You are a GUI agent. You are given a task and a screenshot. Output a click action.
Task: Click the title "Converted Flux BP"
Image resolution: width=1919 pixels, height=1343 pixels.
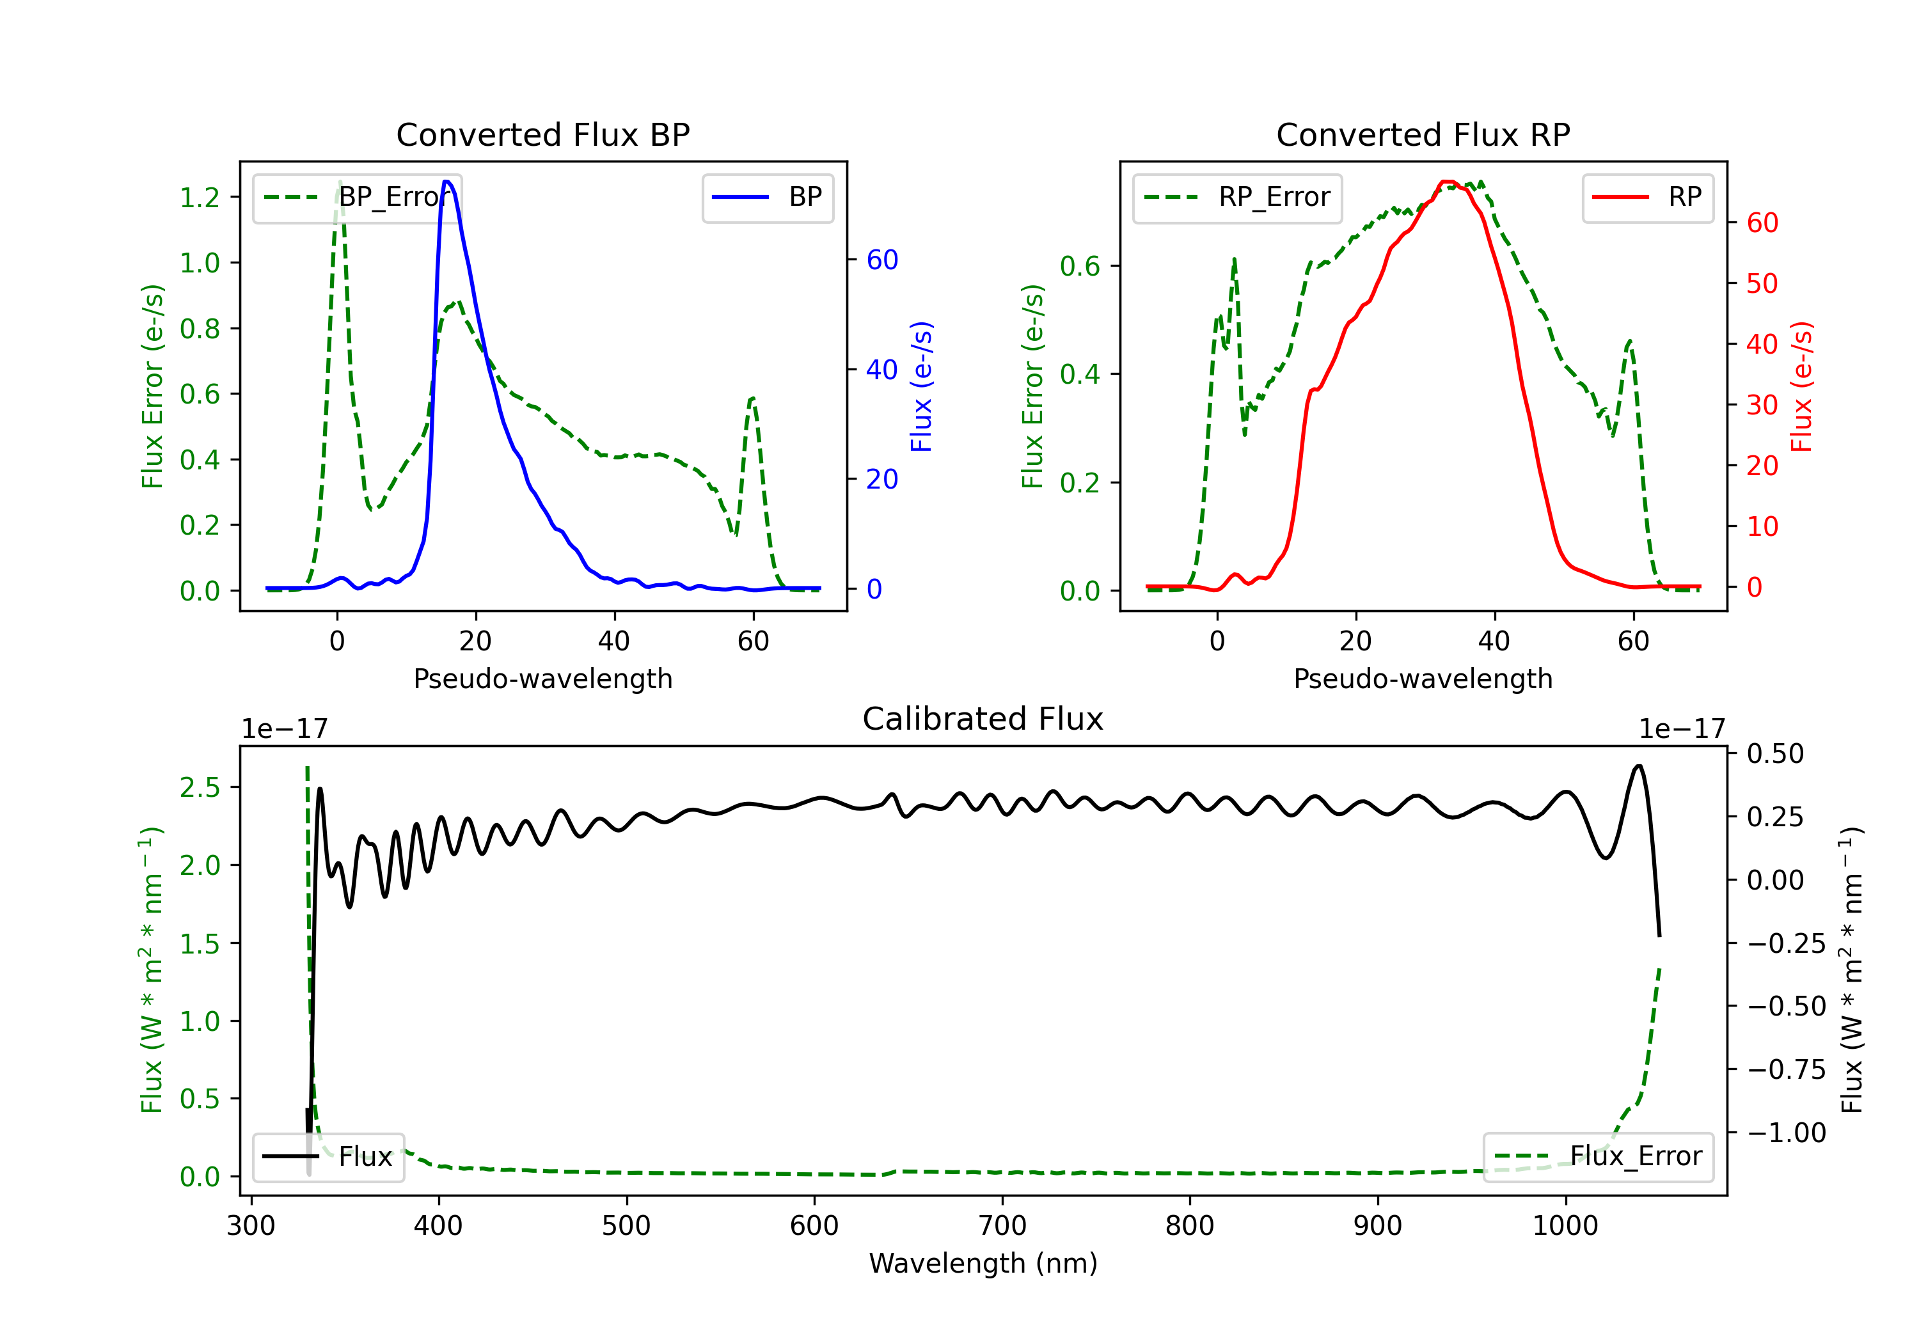pos(542,134)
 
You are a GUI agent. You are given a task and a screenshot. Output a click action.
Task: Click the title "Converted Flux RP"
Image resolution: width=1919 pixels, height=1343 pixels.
pos(1423,134)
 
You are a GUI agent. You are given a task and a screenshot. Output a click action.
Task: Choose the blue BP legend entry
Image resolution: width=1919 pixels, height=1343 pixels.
pos(767,197)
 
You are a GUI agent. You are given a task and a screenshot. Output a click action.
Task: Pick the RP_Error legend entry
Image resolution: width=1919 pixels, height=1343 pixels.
pos(1237,197)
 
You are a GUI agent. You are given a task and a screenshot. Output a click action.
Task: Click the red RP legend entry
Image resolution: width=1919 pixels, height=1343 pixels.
pos(1647,197)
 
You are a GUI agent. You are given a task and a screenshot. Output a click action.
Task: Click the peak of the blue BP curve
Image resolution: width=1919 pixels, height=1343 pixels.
pos(447,182)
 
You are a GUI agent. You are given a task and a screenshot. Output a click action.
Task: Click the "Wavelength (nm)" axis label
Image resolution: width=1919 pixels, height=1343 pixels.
pos(983,1263)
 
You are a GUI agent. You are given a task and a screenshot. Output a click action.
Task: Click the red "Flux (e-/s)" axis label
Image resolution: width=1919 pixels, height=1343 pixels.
pos(1801,386)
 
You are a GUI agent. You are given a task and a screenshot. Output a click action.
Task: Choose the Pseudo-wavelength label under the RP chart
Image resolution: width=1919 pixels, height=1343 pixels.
pos(1423,679)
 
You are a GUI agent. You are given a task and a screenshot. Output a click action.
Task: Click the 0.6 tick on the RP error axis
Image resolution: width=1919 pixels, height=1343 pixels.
pos(1080,267)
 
